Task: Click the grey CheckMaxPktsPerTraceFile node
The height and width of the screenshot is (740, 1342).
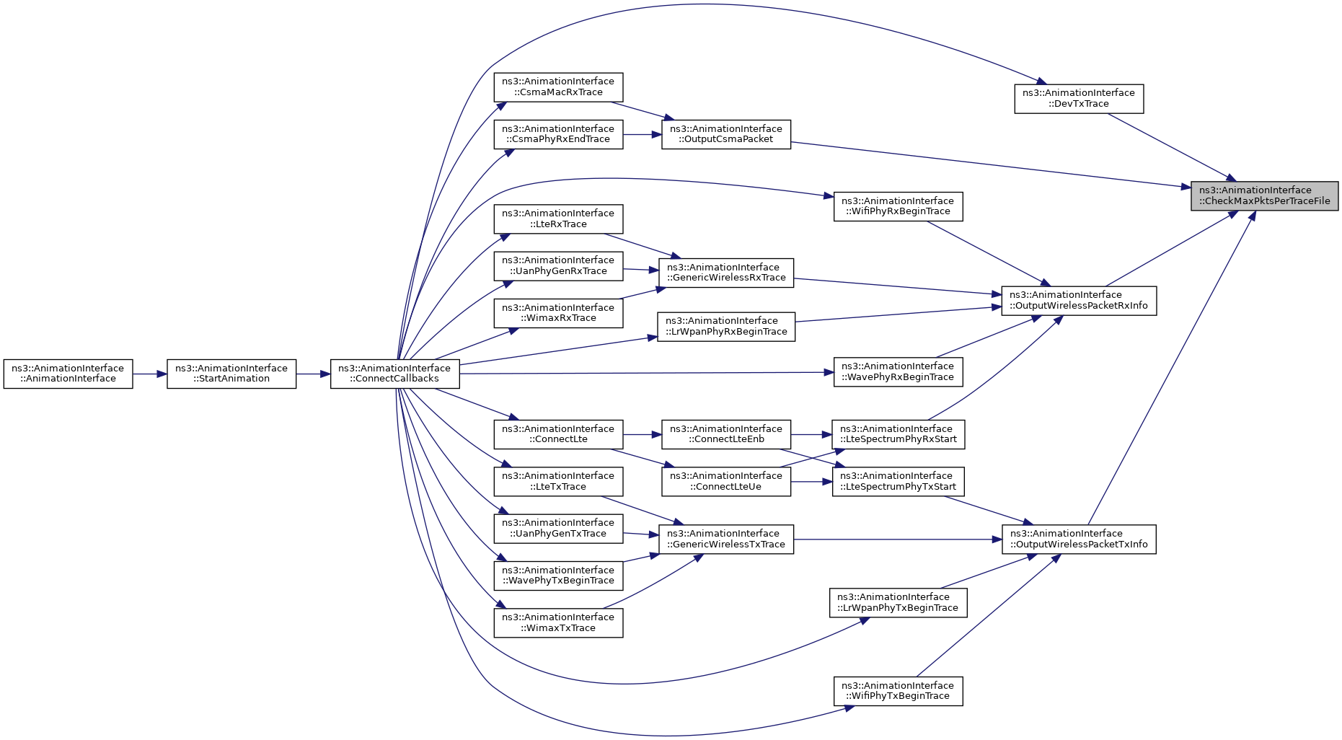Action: [1265, 195]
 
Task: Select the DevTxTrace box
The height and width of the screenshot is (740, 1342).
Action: [1079, 98]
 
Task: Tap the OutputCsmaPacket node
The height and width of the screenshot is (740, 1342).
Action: [726, 134]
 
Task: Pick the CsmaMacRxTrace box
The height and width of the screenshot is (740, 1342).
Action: [558, 87]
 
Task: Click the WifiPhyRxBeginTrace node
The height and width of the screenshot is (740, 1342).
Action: [898, 206]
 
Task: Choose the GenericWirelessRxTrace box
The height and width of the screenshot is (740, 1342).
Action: [726, 273]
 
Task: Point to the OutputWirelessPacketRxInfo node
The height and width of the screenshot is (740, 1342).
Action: [1079, 301]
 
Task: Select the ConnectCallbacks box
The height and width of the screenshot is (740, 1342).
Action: [395, 374]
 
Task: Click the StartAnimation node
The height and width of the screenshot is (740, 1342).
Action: [231, 374]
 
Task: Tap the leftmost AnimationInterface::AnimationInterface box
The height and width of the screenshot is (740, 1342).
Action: [68, 374]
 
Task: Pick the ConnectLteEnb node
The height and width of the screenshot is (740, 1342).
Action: [726, 434]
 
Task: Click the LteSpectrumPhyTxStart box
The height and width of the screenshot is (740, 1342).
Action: [898, 481]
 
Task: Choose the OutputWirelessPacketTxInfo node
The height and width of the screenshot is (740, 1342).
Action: [1079, 539]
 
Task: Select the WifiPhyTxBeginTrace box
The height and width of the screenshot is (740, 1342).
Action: [898, 691]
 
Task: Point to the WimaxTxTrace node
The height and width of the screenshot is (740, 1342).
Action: [558, 622]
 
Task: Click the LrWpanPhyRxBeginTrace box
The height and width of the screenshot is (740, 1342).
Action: [726, 326]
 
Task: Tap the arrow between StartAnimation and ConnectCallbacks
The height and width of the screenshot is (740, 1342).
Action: [313, 374]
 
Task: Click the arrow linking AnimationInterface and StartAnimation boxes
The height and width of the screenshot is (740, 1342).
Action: [150, 374]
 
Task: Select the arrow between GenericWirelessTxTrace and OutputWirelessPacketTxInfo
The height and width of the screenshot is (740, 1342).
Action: [898, 539]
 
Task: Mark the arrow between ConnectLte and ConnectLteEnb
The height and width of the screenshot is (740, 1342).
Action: [643, 434]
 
